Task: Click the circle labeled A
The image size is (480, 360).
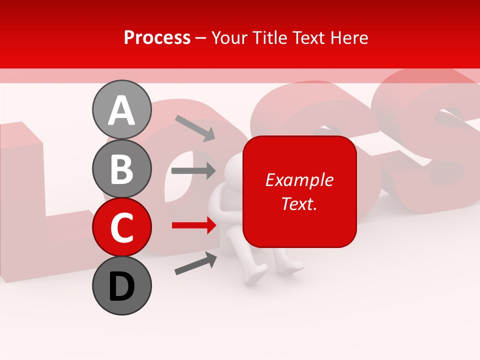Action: click(x=121, y=110)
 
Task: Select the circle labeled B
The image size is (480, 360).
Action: click(x=121, y=168)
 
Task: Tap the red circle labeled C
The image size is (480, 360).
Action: click(x=121, y=227)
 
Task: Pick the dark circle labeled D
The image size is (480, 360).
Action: click(x=121, y=285)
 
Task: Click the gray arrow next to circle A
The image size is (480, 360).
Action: click(x=195, y=128)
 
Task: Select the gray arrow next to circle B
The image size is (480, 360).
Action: click(x=193, y=171)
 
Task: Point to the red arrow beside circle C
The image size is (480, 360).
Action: click(x=194, y=226)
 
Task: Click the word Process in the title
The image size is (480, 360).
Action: click(x=157, y=37)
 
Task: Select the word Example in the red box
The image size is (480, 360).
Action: click(x=299, y=180)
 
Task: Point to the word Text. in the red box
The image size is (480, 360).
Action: click(x=299, y=203)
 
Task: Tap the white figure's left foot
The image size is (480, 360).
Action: click(x=255, y=275)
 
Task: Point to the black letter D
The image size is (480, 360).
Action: click(x=121, y=286)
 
